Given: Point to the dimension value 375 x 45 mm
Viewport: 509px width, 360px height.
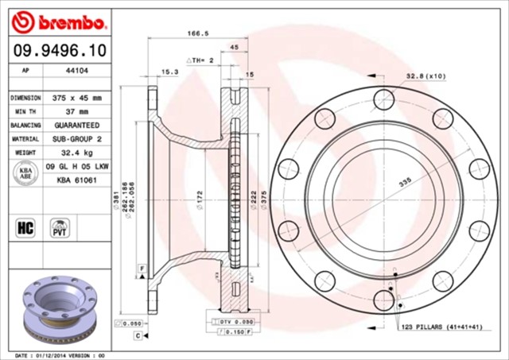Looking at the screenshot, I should pyautogui.click(x=77, y=97).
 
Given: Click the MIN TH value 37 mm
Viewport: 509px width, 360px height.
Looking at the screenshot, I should pyautogui.click(x=77, y=111).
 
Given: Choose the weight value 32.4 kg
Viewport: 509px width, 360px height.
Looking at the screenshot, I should pyautogui.click(x=77, y=153).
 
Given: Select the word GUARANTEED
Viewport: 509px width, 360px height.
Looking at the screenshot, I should pyautogui.click(x=77, y=126).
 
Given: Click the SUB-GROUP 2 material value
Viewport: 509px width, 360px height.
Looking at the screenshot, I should pyautogui.click(x=77, y=139).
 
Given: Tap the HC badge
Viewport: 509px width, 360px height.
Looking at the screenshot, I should pyautogui.click(x=24, y=229).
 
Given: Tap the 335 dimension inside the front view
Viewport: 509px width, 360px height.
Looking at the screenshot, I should pyautogui.click(x=406, y=183).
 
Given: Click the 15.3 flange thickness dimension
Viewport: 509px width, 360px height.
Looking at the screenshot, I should pyautogui.click(x=169, y=72).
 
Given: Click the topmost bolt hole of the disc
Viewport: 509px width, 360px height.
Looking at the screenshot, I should pyautogui.click(x=384, y=99).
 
